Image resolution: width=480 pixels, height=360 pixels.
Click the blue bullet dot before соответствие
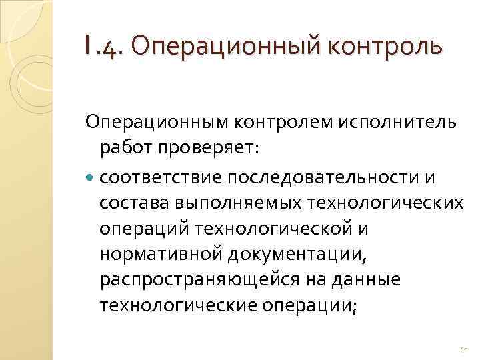tap(91, 177)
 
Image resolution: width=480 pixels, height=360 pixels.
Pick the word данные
tap(367, 280)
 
